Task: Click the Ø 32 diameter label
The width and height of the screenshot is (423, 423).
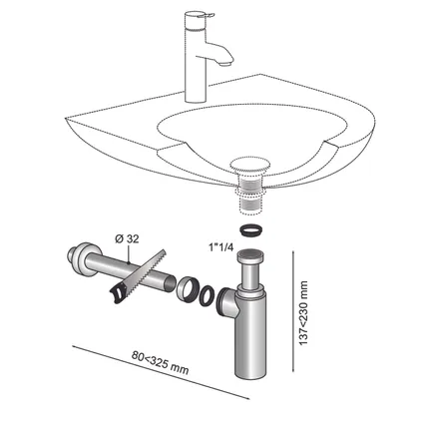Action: pyautogui.click(x=127, y=238)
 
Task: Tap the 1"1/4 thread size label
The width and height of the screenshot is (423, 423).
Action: pyautogui.click(x=220, y=247)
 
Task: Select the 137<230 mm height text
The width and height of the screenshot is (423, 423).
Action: pyautogui.click(x=303, y=313)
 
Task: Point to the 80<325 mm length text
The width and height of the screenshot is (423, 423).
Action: pyautogui.click(x=160, y=362)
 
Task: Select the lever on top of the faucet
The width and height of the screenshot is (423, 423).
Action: pyautogui.click(x=199, y=15)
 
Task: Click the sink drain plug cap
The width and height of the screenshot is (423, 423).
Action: pyautogui.click(x=250, y=165)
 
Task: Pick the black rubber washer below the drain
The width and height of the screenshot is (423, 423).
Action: pyautogui.click(x=250, y=230)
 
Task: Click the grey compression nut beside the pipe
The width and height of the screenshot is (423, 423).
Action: pyautogui.click(x=188, y=290)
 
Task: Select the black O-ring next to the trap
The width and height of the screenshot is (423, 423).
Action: pyautogui.click(x=207, y=295)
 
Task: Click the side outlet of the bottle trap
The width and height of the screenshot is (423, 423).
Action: pyautogui.click(x=226, y=302)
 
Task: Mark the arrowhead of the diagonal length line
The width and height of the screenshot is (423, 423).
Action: pyautogui.click(x=246, y=397)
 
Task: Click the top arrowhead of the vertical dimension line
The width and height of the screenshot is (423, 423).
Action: pyautogui.click(x=292, y=253)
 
